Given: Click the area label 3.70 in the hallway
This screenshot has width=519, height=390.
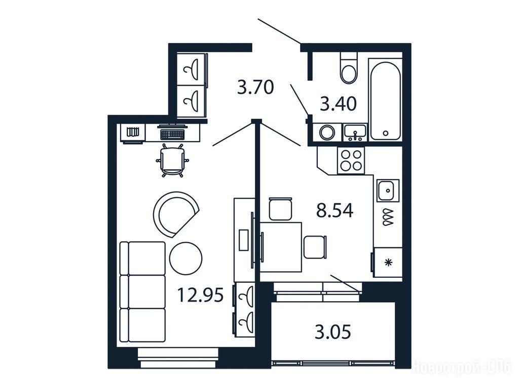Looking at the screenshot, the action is (x=255, y=88).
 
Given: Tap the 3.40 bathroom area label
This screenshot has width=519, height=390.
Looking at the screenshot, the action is (x=338, y=104).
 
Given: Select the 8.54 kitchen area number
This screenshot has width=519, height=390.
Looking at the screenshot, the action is (x=335, y=210).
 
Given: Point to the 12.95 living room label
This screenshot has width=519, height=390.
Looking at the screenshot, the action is (x=201, y=295).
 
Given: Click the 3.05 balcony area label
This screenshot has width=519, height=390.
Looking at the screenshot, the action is (x=332, y=332).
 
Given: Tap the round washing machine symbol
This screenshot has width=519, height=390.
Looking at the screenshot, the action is (x=327, y=133).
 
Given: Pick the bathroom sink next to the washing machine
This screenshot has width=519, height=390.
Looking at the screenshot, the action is (x=355, y=133).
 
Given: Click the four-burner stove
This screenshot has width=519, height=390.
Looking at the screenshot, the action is (x=351, y=160).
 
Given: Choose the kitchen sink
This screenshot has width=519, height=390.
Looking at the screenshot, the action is (x=387, y=190).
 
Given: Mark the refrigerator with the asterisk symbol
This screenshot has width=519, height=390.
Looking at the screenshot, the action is (x=388, y=263).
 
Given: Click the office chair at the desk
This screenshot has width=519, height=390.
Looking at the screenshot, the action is (x=172, y=160).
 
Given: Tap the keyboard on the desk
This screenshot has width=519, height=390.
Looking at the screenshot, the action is (x=172, y=134).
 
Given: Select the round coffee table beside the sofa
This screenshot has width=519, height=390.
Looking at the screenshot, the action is (x=186, y=258).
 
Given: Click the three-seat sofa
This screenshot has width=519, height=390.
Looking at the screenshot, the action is (x=142, y=292).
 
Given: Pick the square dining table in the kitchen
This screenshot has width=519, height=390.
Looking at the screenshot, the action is (x=281, y=247).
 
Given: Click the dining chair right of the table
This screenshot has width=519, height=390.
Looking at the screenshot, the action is (x=315, y=247).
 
